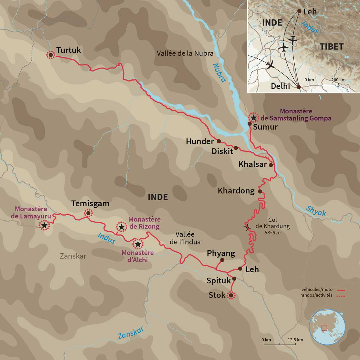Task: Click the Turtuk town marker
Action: pos(50,55)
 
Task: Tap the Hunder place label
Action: pos(200,141)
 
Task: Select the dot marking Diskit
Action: pos(236,148)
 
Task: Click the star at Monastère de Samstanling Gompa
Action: pos(253,117)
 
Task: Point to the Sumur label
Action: pos(265,127)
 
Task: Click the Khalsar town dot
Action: pos(271,165)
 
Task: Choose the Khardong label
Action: pos(236,191)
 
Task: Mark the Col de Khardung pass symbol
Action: pos(247,226)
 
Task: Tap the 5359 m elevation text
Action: pos(272,233)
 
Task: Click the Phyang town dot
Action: pos(222,260)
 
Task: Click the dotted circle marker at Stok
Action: pos(231,296)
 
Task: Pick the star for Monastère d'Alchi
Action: pos(138,244)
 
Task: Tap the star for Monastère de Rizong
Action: pos(121,227)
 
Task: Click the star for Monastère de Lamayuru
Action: pos(44,225)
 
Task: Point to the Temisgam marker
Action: pos(88,213)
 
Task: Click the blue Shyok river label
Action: pos(316,211)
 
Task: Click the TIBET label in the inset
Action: pos(331,47)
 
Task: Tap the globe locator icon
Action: pos(327,327)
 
